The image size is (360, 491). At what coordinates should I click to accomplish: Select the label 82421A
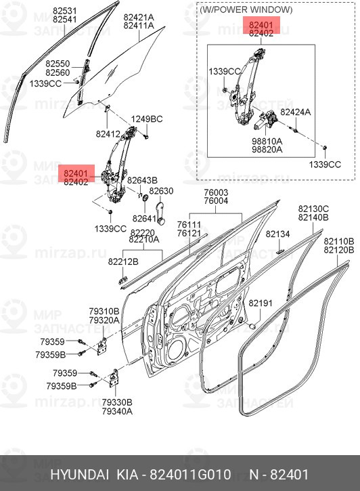[139, 17]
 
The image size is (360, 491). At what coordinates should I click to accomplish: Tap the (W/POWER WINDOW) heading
[246, 10]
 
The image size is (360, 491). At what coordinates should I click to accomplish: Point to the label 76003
[217, 192]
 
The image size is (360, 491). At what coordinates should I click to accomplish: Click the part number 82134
[277, 234]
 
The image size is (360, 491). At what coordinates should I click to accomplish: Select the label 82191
[260, 303]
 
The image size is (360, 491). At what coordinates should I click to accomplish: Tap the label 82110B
[338, 241]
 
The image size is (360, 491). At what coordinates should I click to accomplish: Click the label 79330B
[117, 402]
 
